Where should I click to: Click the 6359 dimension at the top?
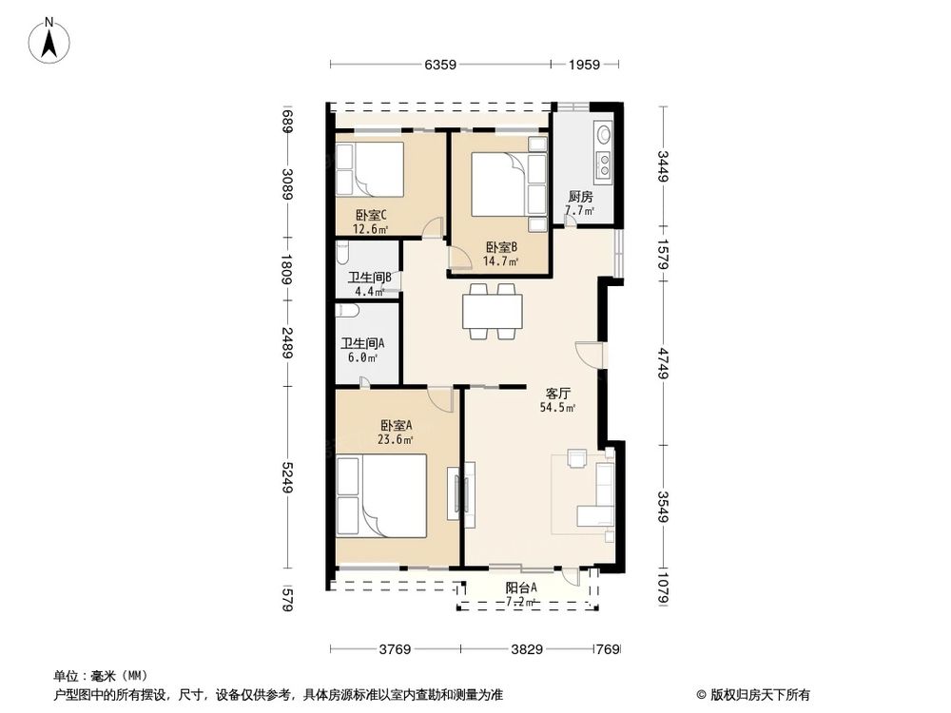coord(440,65)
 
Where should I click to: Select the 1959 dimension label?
coord(586,65)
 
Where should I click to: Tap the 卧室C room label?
coord(370,222)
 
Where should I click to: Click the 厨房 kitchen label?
coord(580,202)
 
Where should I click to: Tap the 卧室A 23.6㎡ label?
coord(396,432)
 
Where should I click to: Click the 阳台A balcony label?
coord(521,593)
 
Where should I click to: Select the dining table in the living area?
coord(492,311)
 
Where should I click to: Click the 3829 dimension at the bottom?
coord(526,650)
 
